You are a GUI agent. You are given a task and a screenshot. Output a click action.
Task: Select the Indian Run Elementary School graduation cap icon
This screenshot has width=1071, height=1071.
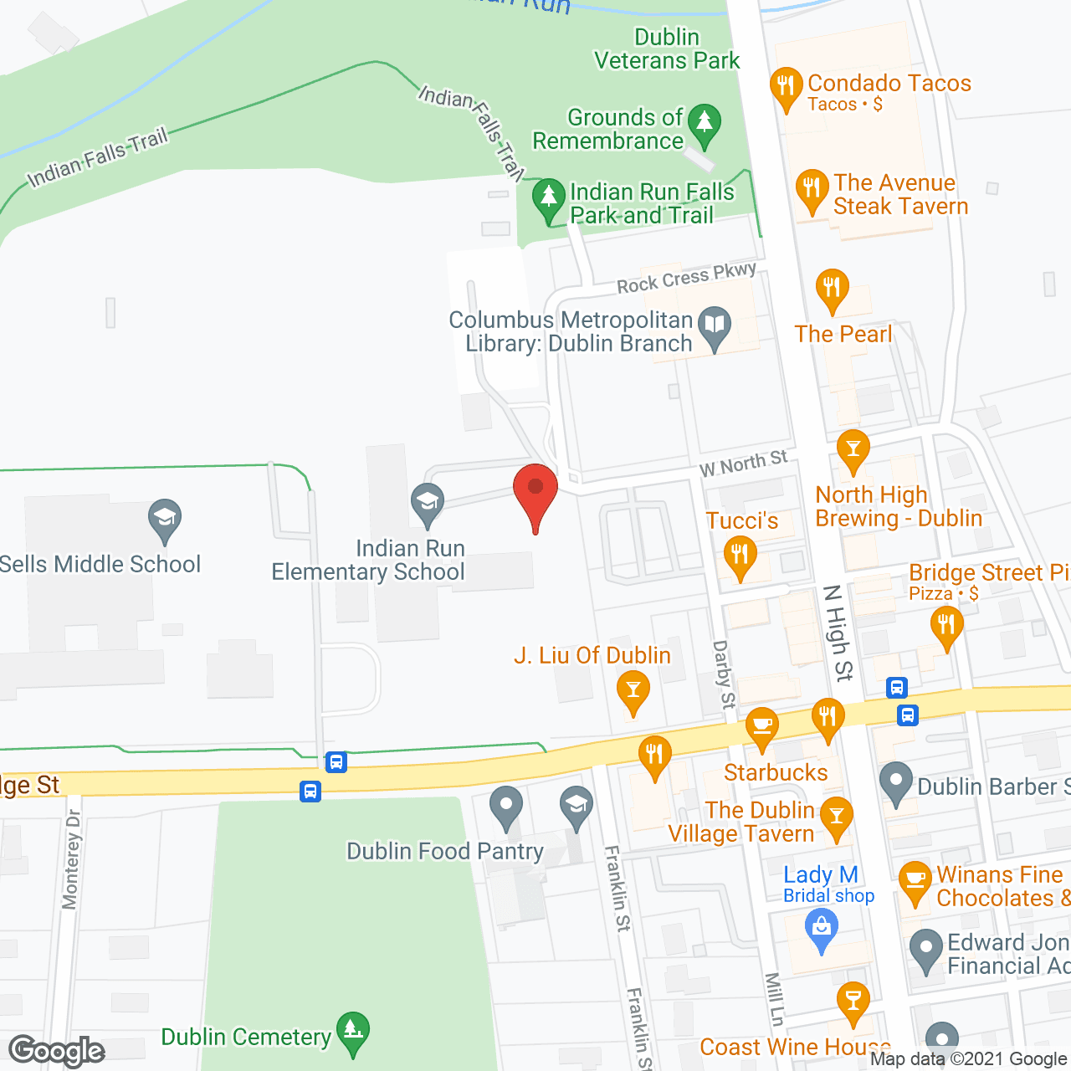(428, 503)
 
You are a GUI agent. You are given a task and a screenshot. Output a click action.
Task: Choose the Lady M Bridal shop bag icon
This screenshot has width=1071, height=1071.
(822, 930)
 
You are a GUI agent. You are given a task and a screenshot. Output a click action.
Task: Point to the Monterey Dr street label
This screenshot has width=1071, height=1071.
(71, 858)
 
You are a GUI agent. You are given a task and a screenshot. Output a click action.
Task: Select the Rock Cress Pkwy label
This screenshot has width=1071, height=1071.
(687, 277)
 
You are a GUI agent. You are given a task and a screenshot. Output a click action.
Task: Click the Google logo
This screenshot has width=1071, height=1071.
(57, 1051)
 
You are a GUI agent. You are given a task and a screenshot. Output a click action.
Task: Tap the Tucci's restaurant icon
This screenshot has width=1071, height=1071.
(740, 556)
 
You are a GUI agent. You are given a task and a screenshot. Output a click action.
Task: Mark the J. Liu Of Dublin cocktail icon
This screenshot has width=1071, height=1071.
(633, 693)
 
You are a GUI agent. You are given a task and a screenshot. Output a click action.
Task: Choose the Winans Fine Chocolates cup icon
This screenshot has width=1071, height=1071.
(915, 881)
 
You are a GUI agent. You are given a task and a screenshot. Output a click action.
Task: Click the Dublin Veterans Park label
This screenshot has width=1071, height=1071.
(667, 49)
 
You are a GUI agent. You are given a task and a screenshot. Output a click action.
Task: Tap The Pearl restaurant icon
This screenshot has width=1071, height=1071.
(832, 289)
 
